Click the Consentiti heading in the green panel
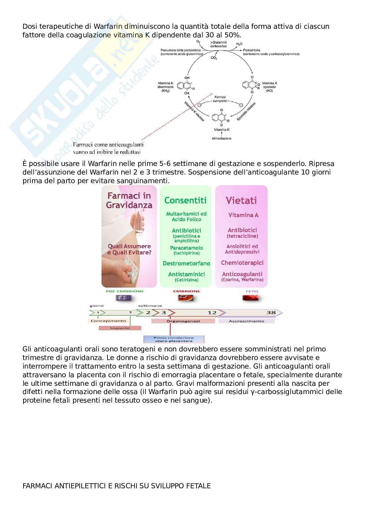coord(185,200)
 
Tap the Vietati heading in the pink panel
coord(241,200)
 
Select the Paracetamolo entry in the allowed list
coord(186,248)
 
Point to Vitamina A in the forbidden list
coord(243,215)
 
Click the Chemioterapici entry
coord(242,263)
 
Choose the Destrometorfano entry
coord(186,263)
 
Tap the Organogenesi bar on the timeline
coord(183,321)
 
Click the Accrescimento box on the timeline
coord(246,321)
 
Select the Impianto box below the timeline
coord(120,328)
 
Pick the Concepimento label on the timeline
coord(108,321)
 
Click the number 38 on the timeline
coord(271,312)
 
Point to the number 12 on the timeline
coord(212,312)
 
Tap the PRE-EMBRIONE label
coord(125,291)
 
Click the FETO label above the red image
coord(252,291)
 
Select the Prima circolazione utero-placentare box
coord(174,339)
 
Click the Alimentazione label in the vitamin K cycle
coord(222,139)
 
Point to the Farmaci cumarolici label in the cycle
coord(220,99)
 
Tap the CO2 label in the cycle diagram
coord(214,58)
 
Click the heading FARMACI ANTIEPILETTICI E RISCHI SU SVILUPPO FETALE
coord(116,486)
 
